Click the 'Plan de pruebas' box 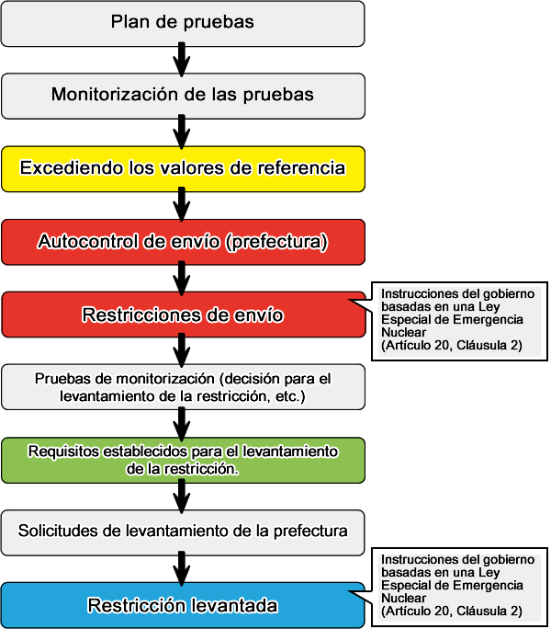tap(183, 22)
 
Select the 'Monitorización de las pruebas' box tap(183, 95)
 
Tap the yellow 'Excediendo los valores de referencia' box tap(183, 168)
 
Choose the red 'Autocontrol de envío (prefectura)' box tap(183, 242)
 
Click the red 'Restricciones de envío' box tap(183, 315)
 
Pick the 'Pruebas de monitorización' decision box tap(183, 387)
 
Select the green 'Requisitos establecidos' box tap(183, 460)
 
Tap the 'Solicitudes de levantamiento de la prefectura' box tap(183, 532)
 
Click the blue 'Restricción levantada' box tap(183, 605)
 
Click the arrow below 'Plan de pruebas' tap(183, 59)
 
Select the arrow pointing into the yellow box tap(183, 132)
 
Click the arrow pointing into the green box tap(183, 424)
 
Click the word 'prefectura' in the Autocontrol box tap(275, 242)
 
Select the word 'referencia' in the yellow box tap(305, 168)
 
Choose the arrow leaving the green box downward tap(183, 497)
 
